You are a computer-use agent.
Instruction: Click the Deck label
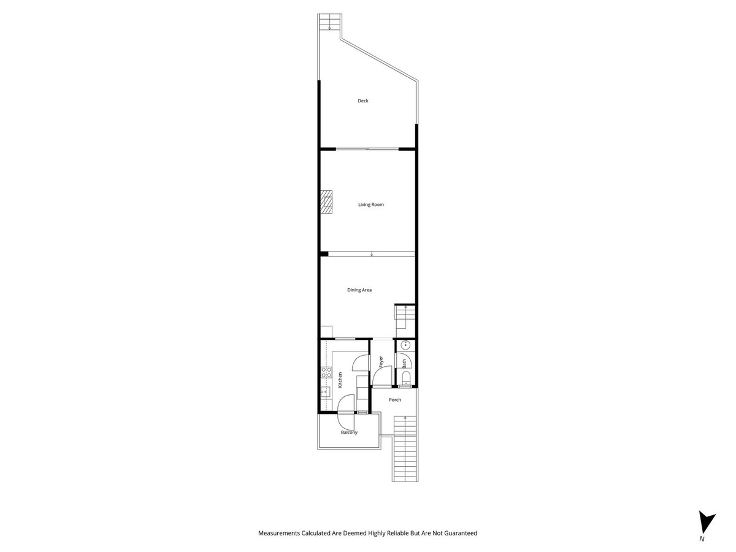coord(363,101)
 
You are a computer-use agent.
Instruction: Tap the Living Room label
coord(371,205)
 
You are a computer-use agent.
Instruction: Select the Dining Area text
coord(359,290)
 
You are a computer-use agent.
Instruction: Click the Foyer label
coord(381,362)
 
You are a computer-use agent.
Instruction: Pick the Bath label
coord(404,364)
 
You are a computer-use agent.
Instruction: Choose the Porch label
coord(395,400)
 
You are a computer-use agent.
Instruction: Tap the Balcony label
coord(349,433)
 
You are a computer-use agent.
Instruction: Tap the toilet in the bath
coord(405,375)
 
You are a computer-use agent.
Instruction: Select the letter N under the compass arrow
coord(702,539)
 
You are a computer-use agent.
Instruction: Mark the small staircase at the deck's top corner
coord(329,23)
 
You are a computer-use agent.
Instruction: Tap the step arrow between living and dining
coord(372,254)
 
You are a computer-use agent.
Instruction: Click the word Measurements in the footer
coord(279,534)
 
